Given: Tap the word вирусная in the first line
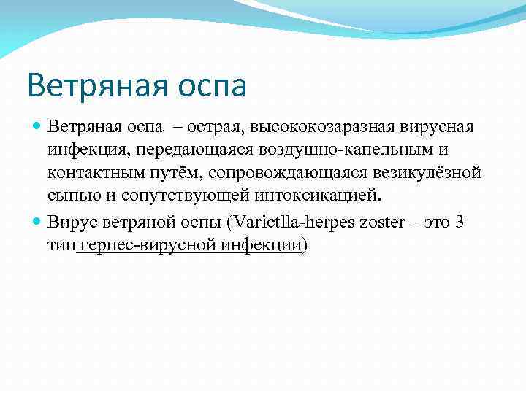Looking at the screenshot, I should point(436,127).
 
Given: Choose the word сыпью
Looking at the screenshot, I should point(71,197).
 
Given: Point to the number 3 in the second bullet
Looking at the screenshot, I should point(459,222).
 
